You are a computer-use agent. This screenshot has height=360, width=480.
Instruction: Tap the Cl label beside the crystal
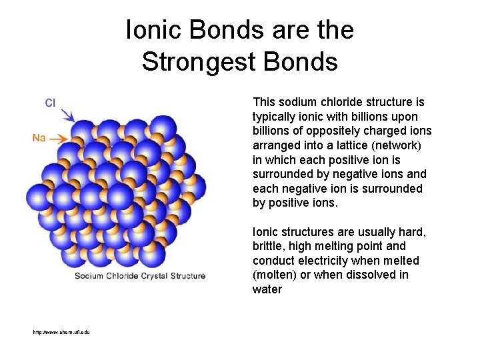(x=49, y=102)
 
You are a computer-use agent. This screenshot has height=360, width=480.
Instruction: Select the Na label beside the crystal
(x=39, y=137)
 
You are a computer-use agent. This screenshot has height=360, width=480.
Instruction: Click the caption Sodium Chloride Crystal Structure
(x=140, y=275)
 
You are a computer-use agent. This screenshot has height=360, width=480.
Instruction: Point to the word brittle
(x=268, y=246)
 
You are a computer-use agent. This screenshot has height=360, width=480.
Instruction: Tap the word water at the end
(x=267, y=289)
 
